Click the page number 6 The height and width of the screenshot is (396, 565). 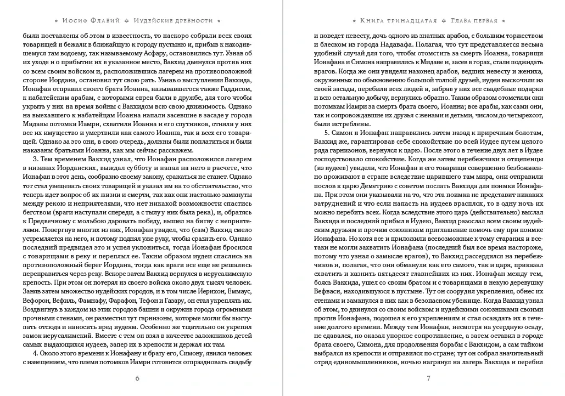coord(137,378)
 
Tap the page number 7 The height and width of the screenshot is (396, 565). coord(428,378)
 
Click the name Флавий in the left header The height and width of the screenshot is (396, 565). coord(111,20)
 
